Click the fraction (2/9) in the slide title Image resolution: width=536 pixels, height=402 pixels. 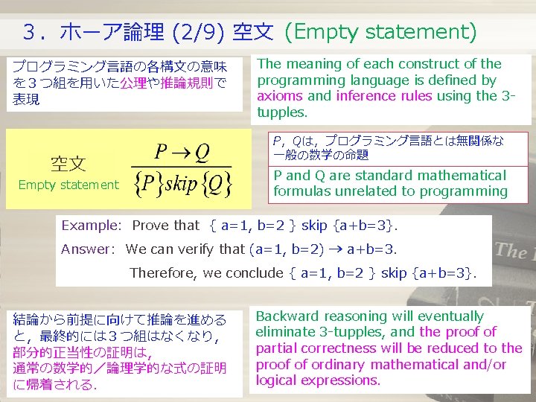pyautogui.click(x=199, y=33)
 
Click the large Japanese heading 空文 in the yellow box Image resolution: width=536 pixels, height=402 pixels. pyautogui.click(x=68, y=163)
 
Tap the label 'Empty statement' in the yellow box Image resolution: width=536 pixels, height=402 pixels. pyautogui.click(x=68, y=185)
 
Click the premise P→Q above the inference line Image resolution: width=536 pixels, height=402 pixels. pyautogui.click(x=182, y=153)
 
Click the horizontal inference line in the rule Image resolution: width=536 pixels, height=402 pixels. pyautogui.click(x=182, y=167)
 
